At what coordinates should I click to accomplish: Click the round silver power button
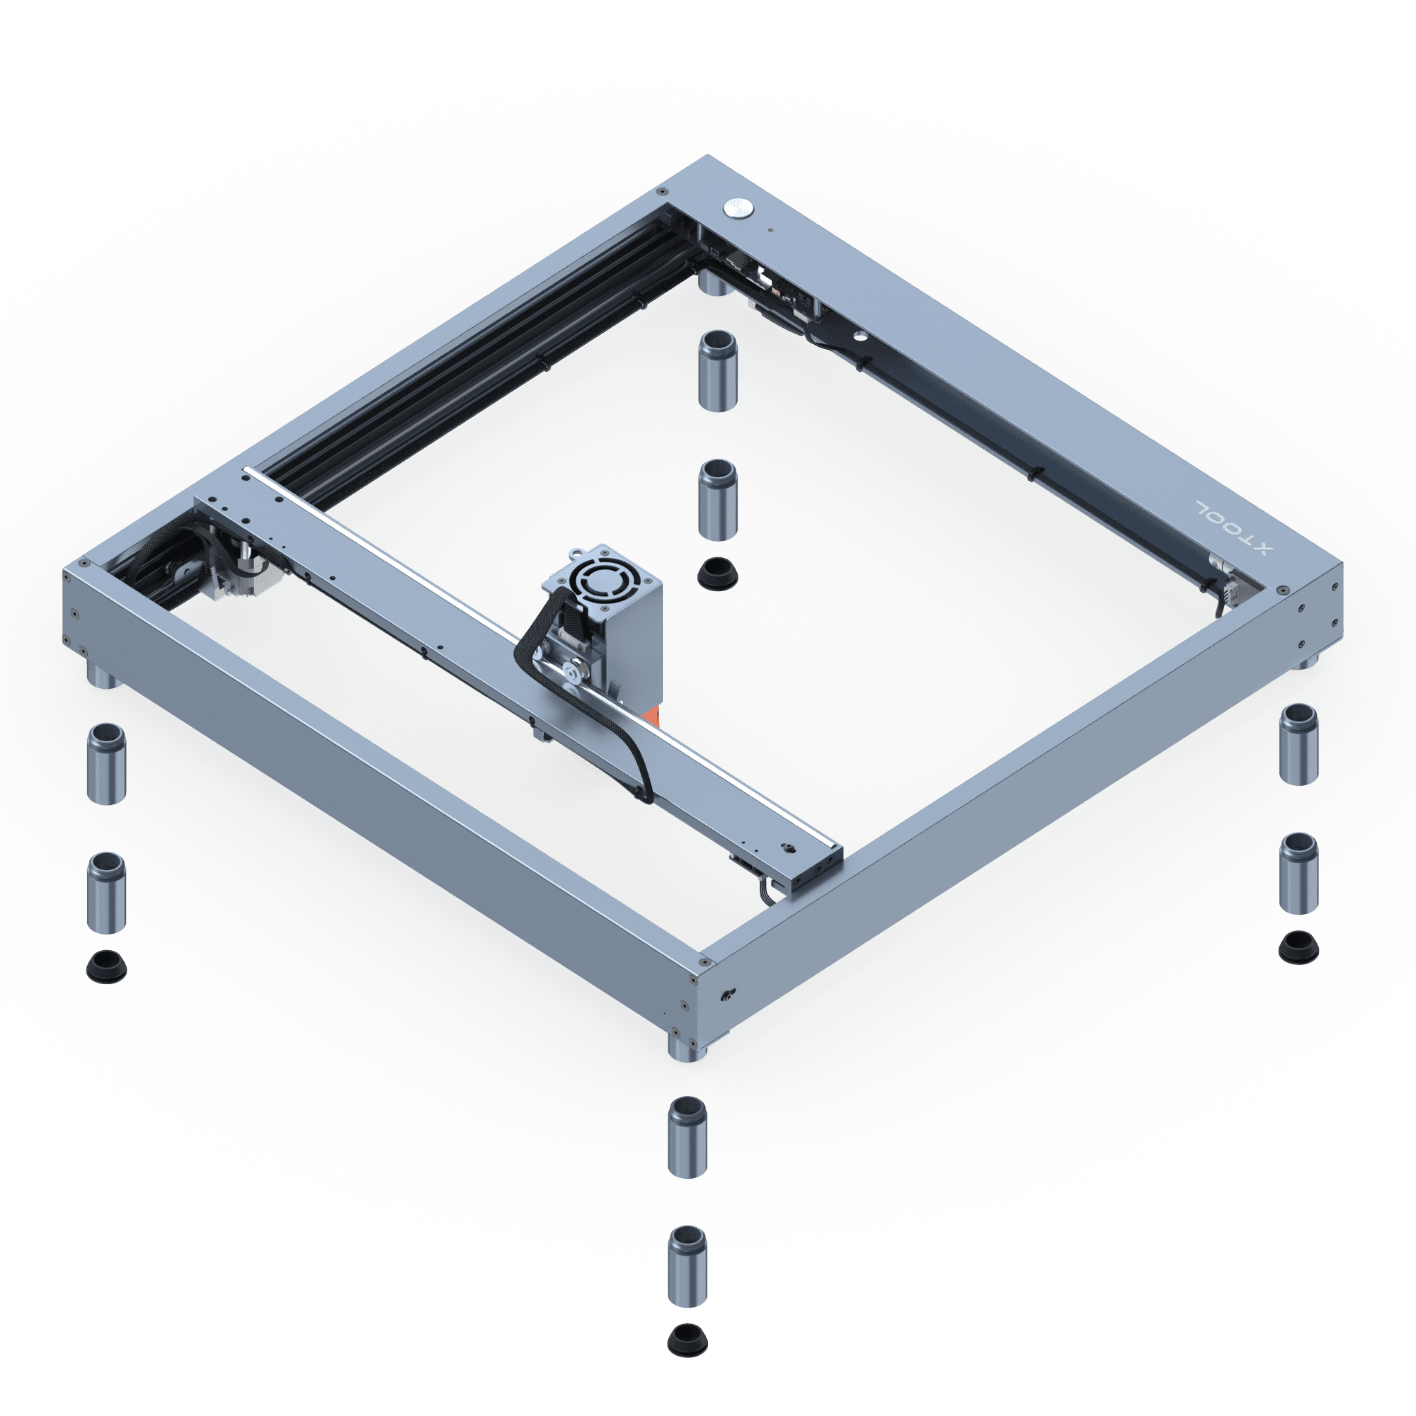[x=738, y=208]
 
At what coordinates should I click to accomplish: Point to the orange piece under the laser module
[x=651, y=716]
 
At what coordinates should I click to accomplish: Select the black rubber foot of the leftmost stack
[x=106, y=966]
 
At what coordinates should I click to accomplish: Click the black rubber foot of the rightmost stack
[x=1298, y=948]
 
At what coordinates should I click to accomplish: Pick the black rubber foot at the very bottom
[x=687, y=1340]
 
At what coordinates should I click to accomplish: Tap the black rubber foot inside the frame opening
[x=717, y=573]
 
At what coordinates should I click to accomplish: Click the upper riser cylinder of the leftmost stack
[x=106, y=764]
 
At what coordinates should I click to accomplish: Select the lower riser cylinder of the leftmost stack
[x=106, y=893]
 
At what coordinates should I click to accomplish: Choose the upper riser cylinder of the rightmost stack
[x=1298, y=745]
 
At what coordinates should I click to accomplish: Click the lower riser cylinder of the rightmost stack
[x=1298, y=873]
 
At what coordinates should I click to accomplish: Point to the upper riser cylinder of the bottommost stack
[x=687, y=1138]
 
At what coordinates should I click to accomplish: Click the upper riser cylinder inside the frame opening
[x=717, y=371]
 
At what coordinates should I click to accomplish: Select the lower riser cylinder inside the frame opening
[x=717, y=500]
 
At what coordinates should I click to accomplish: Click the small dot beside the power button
[x=770, y=229]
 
